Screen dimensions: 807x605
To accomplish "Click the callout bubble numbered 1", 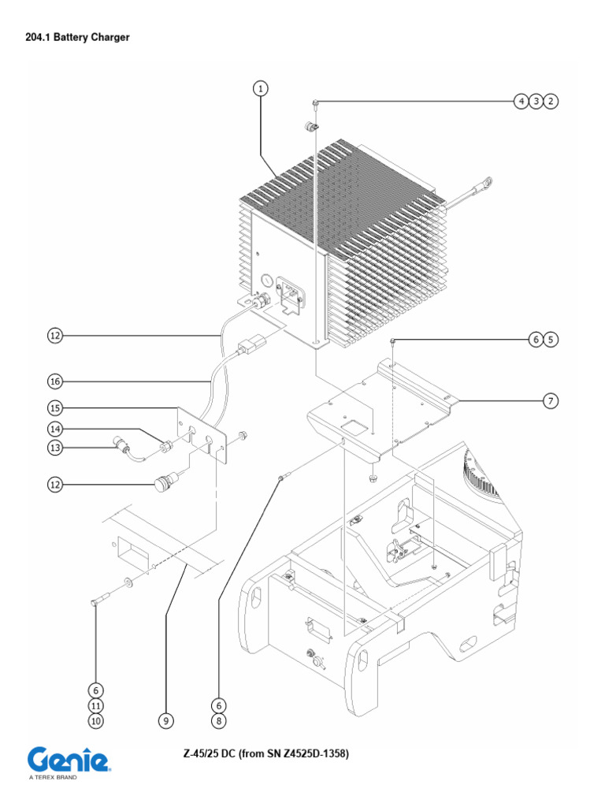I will pos(261,88).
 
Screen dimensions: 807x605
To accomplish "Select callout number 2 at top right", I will pos(551,101).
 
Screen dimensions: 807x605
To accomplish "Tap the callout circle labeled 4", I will pos(521,101).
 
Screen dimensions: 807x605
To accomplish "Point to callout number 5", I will pos(551,340).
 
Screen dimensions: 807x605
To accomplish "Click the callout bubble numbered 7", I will pos(551,402).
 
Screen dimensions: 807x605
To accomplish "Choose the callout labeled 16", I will pos(54,381).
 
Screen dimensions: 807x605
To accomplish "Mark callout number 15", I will pos(54,408).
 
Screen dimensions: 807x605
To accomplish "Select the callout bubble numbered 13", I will pos(54,448).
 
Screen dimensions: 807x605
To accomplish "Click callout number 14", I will pos(54,430).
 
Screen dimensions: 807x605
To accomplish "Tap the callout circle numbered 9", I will pos(165,720).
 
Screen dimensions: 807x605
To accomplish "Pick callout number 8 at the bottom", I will pos(220,720).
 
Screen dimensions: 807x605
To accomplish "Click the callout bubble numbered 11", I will pos(95,705).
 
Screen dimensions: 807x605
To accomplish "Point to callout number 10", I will pos(95,720).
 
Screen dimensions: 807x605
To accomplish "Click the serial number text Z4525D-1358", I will pos(310,754).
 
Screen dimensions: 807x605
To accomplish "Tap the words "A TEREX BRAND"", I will pos(53,777).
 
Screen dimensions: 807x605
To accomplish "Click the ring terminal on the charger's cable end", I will pos(488,184).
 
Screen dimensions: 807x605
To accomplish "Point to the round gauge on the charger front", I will pos(265,280).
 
